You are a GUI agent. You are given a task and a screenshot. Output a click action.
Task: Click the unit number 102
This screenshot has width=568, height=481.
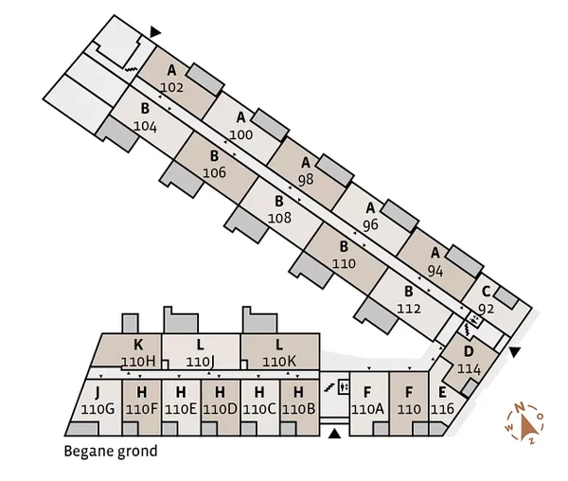point(172,87)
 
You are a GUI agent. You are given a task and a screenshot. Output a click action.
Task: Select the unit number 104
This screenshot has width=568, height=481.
point(145,125)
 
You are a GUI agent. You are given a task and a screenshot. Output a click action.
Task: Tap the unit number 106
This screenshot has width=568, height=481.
point(214,172)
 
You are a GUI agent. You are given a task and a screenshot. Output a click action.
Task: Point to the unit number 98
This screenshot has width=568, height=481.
point(305,179)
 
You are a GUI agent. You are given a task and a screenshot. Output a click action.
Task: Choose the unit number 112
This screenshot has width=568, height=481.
point(409,308)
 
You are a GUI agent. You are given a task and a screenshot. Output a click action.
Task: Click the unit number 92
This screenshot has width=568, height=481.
point(486,308)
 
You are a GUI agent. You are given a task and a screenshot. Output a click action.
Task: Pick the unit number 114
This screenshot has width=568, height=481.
point(469,368)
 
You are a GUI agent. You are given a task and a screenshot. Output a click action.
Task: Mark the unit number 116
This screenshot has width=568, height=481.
point(442,409)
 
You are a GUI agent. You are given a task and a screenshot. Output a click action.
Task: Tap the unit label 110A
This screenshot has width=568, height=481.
point(367,409)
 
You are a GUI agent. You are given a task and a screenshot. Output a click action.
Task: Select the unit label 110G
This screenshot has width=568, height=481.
point(98,409)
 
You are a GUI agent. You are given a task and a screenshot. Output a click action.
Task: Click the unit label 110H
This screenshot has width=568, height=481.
point(138,362)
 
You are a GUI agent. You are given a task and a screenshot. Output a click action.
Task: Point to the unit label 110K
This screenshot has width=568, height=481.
point(279,362)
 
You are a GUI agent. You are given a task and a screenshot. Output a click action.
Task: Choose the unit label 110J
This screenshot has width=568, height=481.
point(201,362)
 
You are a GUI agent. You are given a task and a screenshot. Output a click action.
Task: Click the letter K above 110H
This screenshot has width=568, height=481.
point(138,346)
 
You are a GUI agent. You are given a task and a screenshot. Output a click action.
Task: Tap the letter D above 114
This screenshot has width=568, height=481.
point(468,352)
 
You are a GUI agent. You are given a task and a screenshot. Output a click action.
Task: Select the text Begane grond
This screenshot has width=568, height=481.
point(111,452)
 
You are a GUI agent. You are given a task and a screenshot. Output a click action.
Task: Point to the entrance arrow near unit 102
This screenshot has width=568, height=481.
point(155,32)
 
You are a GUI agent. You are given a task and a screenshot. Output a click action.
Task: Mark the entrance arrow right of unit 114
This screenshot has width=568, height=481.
point(514,352)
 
